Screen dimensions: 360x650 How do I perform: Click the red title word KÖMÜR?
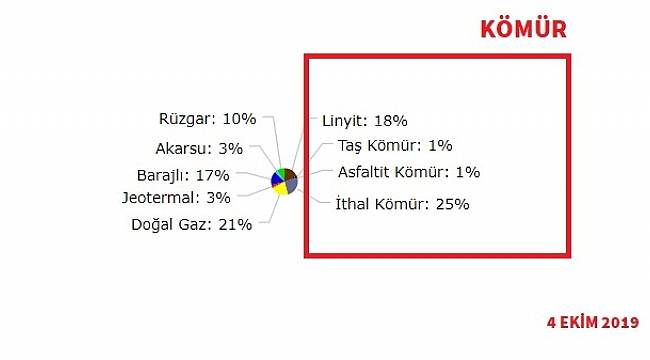tap(523, 28)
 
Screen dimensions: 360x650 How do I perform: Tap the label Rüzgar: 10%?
tap(207, 118)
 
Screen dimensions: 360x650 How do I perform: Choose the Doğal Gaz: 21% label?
tap(191, 224)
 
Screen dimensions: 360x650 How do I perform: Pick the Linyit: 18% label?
tap(364, 121)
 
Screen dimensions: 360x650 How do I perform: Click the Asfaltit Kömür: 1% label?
tap(408, 172)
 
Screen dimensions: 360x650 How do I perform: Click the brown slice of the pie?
tap(290, 175)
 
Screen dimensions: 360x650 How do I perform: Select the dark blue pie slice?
tap(276, 180)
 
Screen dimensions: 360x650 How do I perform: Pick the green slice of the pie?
tap(281, 173)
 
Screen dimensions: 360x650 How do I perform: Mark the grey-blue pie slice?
tap(291, 184)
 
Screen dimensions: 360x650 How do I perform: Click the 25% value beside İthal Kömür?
tap(452, 204)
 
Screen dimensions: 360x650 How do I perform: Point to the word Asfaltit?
tap(367, 172)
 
